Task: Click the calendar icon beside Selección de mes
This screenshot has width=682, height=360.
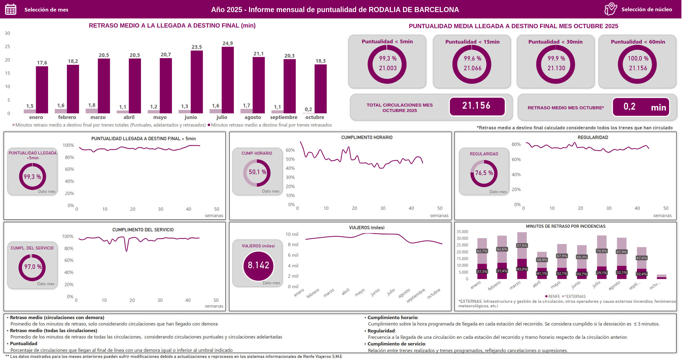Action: click(11, 9)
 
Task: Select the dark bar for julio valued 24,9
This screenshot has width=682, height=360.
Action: click(228, 80)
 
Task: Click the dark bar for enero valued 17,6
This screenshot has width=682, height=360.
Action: click(42, 90)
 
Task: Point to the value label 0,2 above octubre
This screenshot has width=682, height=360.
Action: click(308, 109)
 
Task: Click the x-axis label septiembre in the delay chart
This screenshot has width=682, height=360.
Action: click(284, 117)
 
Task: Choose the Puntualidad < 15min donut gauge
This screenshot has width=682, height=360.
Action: click(472, 64)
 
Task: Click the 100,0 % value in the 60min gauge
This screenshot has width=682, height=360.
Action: click(638, 58)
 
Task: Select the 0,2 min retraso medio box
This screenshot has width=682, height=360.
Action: click(641, 107)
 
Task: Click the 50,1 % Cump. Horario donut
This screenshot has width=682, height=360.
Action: click(257, 173)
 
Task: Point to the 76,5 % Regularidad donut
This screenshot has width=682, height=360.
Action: click(484, 173)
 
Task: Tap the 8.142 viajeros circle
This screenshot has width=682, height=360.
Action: click(258, 265)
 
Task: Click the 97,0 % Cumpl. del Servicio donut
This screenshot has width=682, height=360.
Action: click(32, 267)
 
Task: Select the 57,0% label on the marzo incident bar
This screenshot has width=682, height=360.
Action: click(522, 246)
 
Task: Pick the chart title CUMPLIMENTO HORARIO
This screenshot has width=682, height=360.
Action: click(367, 137)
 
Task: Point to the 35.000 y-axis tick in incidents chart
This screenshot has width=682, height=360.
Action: click(462, 232)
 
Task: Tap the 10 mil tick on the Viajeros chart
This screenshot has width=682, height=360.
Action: click(292, 234)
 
